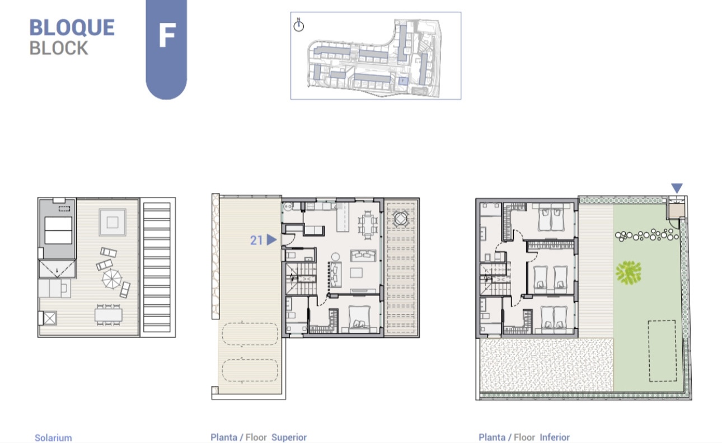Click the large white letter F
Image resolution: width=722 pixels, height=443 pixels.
(167, 35)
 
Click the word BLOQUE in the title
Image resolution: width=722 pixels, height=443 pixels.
(72, 27)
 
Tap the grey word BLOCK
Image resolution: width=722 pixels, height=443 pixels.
(59, 48)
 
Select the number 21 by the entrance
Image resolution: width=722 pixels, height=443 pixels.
(256, 241)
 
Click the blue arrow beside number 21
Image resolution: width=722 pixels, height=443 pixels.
(271, 240)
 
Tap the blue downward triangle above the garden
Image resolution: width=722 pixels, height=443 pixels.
(677, 187)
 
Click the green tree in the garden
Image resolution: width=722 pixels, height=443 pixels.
(628, 273)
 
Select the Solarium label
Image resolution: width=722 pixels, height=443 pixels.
(53, 438)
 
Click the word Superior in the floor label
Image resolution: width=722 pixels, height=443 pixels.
(289, 437)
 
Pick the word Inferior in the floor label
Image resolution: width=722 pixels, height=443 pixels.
(555, 437)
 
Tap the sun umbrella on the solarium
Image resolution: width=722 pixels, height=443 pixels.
(111, 279)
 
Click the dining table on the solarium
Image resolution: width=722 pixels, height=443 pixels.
(109, 315)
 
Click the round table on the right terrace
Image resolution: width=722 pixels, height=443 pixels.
(401, 219)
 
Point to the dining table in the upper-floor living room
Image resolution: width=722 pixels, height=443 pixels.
(368, 225)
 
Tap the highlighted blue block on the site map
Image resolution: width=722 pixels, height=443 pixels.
(403, 81)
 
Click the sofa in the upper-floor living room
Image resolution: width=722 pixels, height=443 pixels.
(363, 256)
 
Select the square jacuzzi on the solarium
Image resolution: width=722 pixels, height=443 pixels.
(112, 222)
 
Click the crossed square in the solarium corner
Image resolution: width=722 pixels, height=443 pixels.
(50, 319)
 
